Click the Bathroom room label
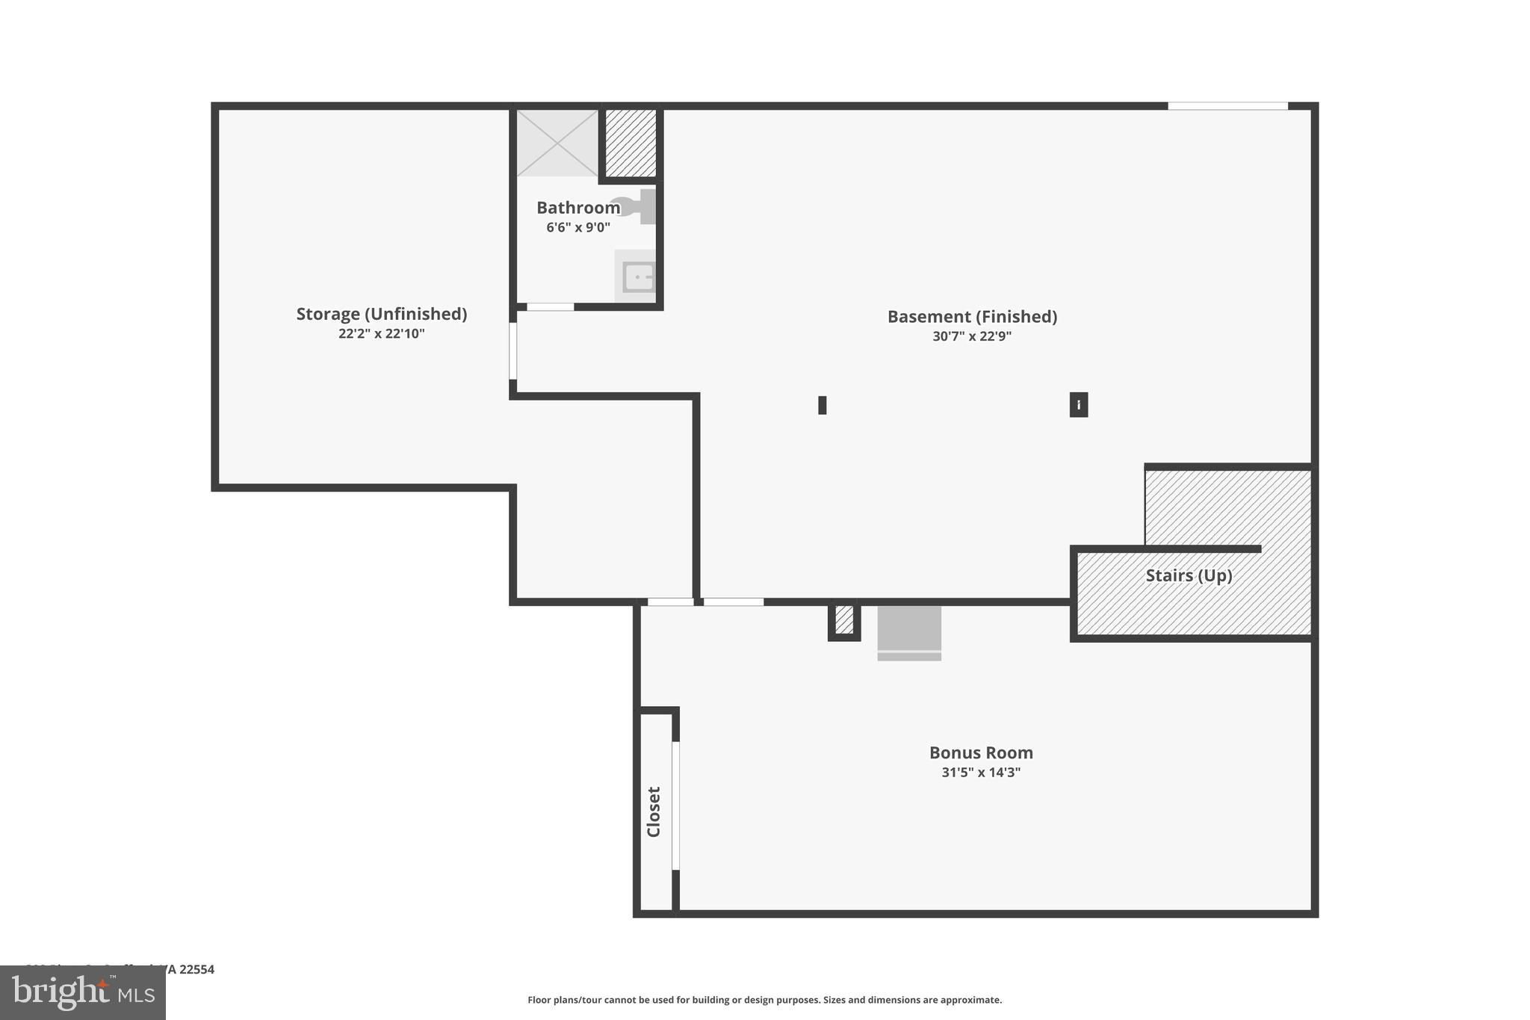tap(577, 208)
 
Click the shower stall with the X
tap(557, 143)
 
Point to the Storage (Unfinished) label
tap(381, 314)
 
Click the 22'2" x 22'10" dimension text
tap(381, 333)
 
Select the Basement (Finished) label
tap(972, 316)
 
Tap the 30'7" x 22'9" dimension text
tap(972, 336)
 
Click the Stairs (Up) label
tap(1189, 575)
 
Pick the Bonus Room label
tap(981, 752)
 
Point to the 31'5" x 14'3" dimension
tap(981, 772)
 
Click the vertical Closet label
tap(654, 812)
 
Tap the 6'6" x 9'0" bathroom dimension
tap(577, 227)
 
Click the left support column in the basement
tap(822, 405)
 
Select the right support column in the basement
tap(1078, 404)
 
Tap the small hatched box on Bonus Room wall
tap(844, 620)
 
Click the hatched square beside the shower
tap(631, 143)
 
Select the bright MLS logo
tap(83, 992)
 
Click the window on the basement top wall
tap(1227, 106)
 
